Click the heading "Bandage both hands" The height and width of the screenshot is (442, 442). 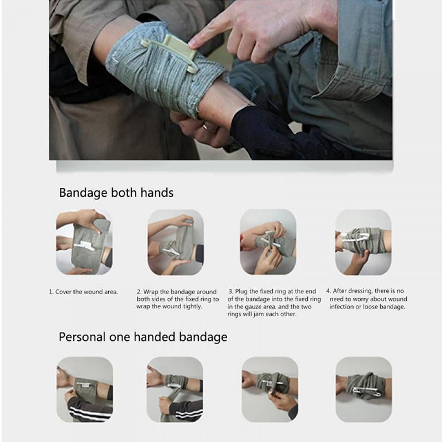coord(116,193)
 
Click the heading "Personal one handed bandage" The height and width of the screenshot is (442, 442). coord(143,337)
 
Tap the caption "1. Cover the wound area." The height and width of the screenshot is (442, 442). coord(84,292)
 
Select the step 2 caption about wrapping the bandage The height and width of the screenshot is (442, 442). coord(177,299)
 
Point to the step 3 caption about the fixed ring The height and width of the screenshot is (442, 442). coord(273,303)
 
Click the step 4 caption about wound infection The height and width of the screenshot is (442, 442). coord(366,299)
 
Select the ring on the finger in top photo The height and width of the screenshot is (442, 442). coord(206,127)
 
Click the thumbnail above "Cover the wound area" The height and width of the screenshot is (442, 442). coord(84,242)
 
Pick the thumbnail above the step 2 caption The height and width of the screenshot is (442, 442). coord(175,242)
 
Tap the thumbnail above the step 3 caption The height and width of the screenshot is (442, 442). coord(268,242)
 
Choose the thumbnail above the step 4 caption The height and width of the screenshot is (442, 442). coord(363,242)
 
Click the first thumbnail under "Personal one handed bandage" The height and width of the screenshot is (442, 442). coord(84,389)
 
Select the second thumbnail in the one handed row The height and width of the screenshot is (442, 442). coord(175,389)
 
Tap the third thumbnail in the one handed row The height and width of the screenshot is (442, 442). coord(270,389)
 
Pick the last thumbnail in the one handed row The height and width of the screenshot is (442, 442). coord(363,389)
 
